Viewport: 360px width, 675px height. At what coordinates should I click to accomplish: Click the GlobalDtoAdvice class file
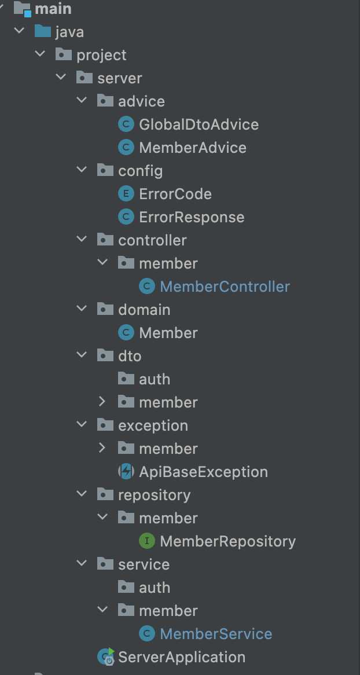pyautogui.click(x=199, y=124)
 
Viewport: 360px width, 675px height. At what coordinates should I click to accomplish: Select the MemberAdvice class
pyautogui.click(x=192, y=148)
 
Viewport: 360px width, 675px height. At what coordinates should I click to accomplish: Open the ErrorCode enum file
pyautogui.click(x=175, y=194)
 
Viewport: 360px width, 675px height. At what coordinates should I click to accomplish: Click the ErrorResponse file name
pyautogui.click(x=192, y=217)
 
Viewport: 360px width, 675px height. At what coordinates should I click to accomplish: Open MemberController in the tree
pyautogui.click(x=225, y=287)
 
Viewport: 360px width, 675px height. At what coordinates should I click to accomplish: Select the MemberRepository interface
pyautogui.click(x=227, y=541)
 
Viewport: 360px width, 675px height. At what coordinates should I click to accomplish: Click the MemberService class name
pyautogui.click(x=216, y=634)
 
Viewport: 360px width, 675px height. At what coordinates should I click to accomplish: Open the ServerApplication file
pyautogui.click(x=182, y=657)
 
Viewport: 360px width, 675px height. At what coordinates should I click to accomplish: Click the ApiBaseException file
pyautogui.click(x=203, y=472)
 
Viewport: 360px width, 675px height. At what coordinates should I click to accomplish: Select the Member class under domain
pyautogui.click(x=168, y=333)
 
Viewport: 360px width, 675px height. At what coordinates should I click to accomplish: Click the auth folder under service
pyautogui.click(x=154, y=588)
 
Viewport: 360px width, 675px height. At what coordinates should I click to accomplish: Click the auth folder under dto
pyautogui.click(x=154, y=379)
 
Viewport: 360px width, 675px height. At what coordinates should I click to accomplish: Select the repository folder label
pyautogui.click(x=154, y=495)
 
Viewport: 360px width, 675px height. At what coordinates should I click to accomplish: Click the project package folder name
pyautogui.click(x=101, y=55)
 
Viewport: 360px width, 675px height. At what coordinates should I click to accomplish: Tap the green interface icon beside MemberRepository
pyautogui.click(x=147, y=541)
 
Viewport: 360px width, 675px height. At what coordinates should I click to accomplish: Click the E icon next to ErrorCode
pyautogui.click(x=126, y=194)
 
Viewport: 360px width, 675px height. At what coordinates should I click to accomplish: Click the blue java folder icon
pyautogui.click(x=42, y=31)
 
